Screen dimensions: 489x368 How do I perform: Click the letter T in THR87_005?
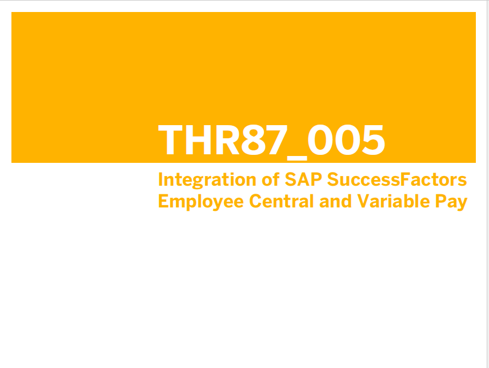click(170, 139)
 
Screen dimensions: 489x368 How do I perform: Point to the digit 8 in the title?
click(253, 139)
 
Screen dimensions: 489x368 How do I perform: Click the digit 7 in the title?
click(277, 139)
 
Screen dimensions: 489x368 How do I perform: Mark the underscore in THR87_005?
click(297, 158)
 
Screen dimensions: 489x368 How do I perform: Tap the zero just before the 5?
click(347, 139)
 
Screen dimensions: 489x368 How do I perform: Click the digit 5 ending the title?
click(373, 139)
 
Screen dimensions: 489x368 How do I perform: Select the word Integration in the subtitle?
click(207, 180)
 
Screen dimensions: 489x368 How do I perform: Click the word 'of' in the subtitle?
click(271, 179)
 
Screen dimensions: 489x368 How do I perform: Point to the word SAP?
click(303, 179)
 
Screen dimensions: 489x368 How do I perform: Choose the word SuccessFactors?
click(397, 179)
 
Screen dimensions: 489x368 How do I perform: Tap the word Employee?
click(201, 202)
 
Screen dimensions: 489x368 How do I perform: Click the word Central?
click(281, 201)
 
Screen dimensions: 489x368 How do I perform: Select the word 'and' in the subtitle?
click(335, 201)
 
